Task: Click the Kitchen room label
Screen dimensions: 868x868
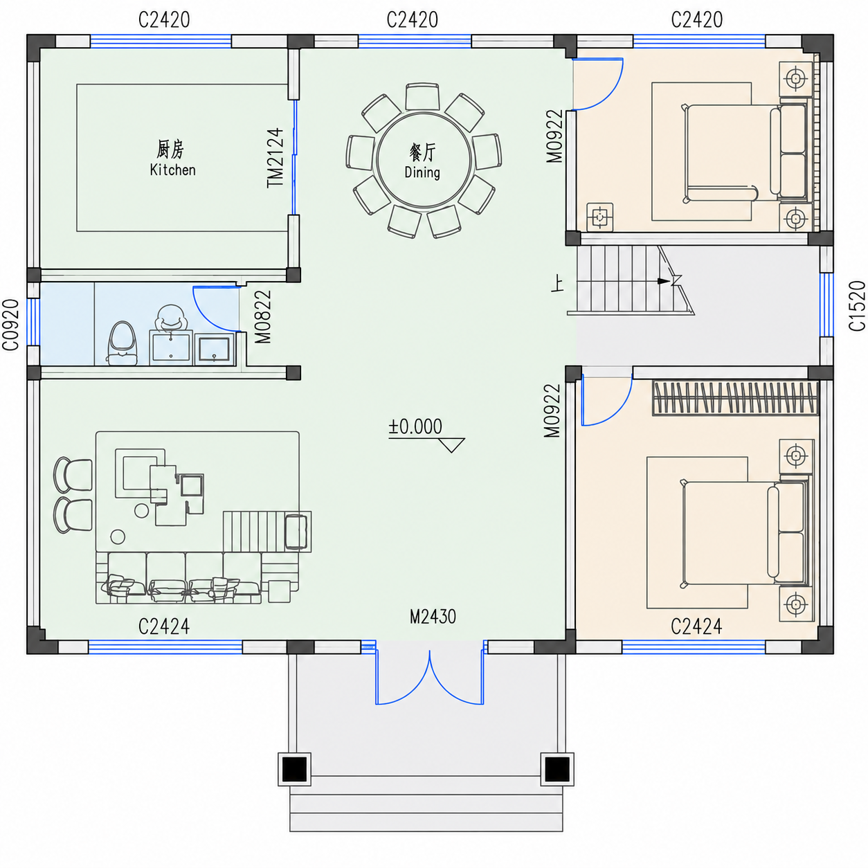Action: point(172,170)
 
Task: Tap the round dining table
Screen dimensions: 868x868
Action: point(424,161)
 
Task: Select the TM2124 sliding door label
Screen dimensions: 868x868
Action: point(275,158)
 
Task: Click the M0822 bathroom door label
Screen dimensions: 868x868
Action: point(263,316)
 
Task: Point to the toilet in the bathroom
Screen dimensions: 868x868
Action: point(122,343)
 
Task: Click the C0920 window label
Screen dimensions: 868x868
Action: point(11,325)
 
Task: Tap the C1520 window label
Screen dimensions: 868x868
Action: point(857,306)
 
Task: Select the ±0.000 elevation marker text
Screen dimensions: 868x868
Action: point(415,427)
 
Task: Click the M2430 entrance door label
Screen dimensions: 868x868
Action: point(433,617)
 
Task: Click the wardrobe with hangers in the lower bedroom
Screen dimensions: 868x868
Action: point(735,398)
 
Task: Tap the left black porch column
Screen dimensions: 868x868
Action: point(295,769)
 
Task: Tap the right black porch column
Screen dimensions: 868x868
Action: point(557,769)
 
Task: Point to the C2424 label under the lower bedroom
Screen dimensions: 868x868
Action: point(696,626)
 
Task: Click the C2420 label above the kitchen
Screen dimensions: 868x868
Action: point(164,20)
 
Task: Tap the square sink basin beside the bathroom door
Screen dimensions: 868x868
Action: point(215,349)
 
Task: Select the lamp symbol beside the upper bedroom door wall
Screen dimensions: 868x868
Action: point(600,217)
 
